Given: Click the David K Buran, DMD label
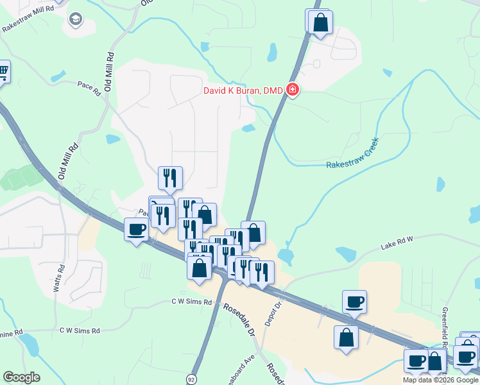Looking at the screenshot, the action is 243,90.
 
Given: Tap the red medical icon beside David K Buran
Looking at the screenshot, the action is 293,90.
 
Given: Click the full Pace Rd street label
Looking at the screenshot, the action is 89,88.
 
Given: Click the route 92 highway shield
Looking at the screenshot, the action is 191,379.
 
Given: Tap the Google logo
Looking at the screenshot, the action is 21,377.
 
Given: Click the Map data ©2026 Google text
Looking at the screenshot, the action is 440,380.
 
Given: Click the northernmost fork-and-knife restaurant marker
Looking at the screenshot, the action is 170,178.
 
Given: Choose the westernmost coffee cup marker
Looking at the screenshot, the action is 136,229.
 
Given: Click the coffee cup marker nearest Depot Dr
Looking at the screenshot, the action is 354,302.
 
